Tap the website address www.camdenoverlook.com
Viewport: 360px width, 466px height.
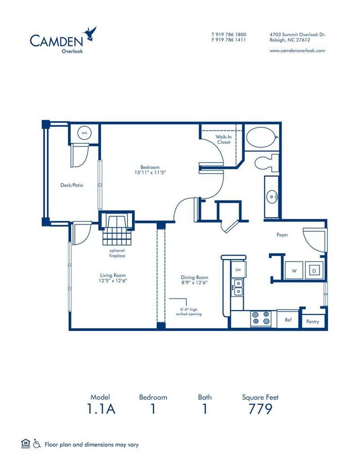pyautogui.click(x=297, y=50)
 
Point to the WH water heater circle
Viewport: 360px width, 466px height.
pyautogui.click(x=84, y=133)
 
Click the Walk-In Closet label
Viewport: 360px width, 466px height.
pyautogui.click(x=224, y=140)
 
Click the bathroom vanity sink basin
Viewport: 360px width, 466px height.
pyautogui.click(x=272, y=197)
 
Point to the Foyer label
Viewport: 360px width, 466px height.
pyautogui.click(x=282, y=235)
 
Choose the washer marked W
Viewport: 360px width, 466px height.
pyautogui.click(x=294, y=271)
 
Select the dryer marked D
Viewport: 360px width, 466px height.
pyautogui.click(x=313, y=271)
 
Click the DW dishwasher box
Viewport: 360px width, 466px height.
pyautogui.click(x=238, y=269)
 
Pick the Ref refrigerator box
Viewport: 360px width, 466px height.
pyautogui.click(x=288, y=320)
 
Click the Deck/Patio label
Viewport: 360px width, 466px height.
pyautogui.click(x=68, y=185)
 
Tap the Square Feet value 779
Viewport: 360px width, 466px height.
pyautogui.click(x=260, y=409)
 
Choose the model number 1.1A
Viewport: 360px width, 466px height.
pyautogui.click(x=101, y=409)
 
